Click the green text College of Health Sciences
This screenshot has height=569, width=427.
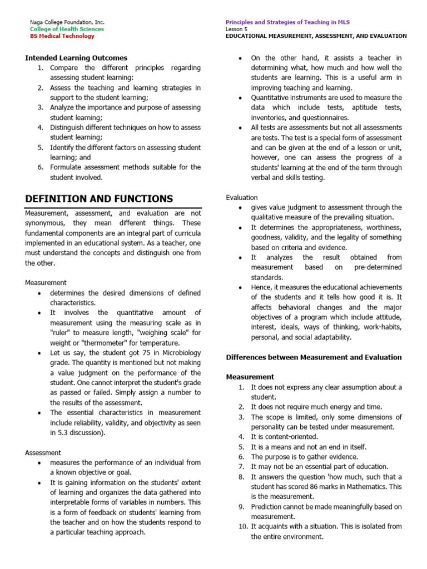(x=67, y=29)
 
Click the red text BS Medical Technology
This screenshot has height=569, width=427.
(x=62, y=36)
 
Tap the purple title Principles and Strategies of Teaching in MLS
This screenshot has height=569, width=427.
(x=287, y=22)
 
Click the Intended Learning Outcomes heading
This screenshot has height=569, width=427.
(x=76, y=58)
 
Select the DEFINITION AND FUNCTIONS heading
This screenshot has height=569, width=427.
(x=99, y=199)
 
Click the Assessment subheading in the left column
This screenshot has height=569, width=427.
(x=43, y=453)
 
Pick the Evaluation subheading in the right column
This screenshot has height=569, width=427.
(x=242, y=197)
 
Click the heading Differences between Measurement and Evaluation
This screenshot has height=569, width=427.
(x=314, y=357)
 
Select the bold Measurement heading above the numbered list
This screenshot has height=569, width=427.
(x=250, y=377)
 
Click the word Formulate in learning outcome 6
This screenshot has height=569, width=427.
(x=66, y=168)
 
